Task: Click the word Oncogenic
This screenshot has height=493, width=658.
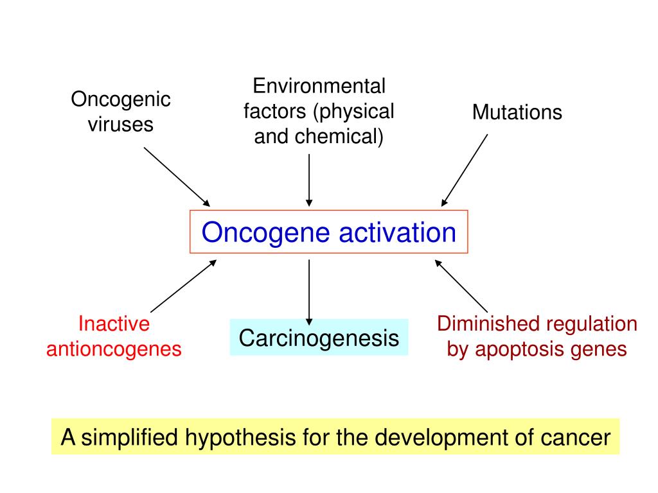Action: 121,100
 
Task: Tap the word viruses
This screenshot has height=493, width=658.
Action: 121,124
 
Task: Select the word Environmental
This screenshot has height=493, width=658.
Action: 319,86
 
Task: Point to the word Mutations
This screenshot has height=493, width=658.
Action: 517,112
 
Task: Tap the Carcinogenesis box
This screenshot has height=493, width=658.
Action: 319,338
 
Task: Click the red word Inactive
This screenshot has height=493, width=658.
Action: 114,324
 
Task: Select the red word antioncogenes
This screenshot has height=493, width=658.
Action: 114,349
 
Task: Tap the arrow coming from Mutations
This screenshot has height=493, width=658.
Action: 465,170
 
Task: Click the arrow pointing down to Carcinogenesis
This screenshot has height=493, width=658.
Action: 309,290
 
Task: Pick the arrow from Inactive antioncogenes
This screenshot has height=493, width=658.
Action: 182,286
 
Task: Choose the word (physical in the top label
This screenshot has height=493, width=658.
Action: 353,112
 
